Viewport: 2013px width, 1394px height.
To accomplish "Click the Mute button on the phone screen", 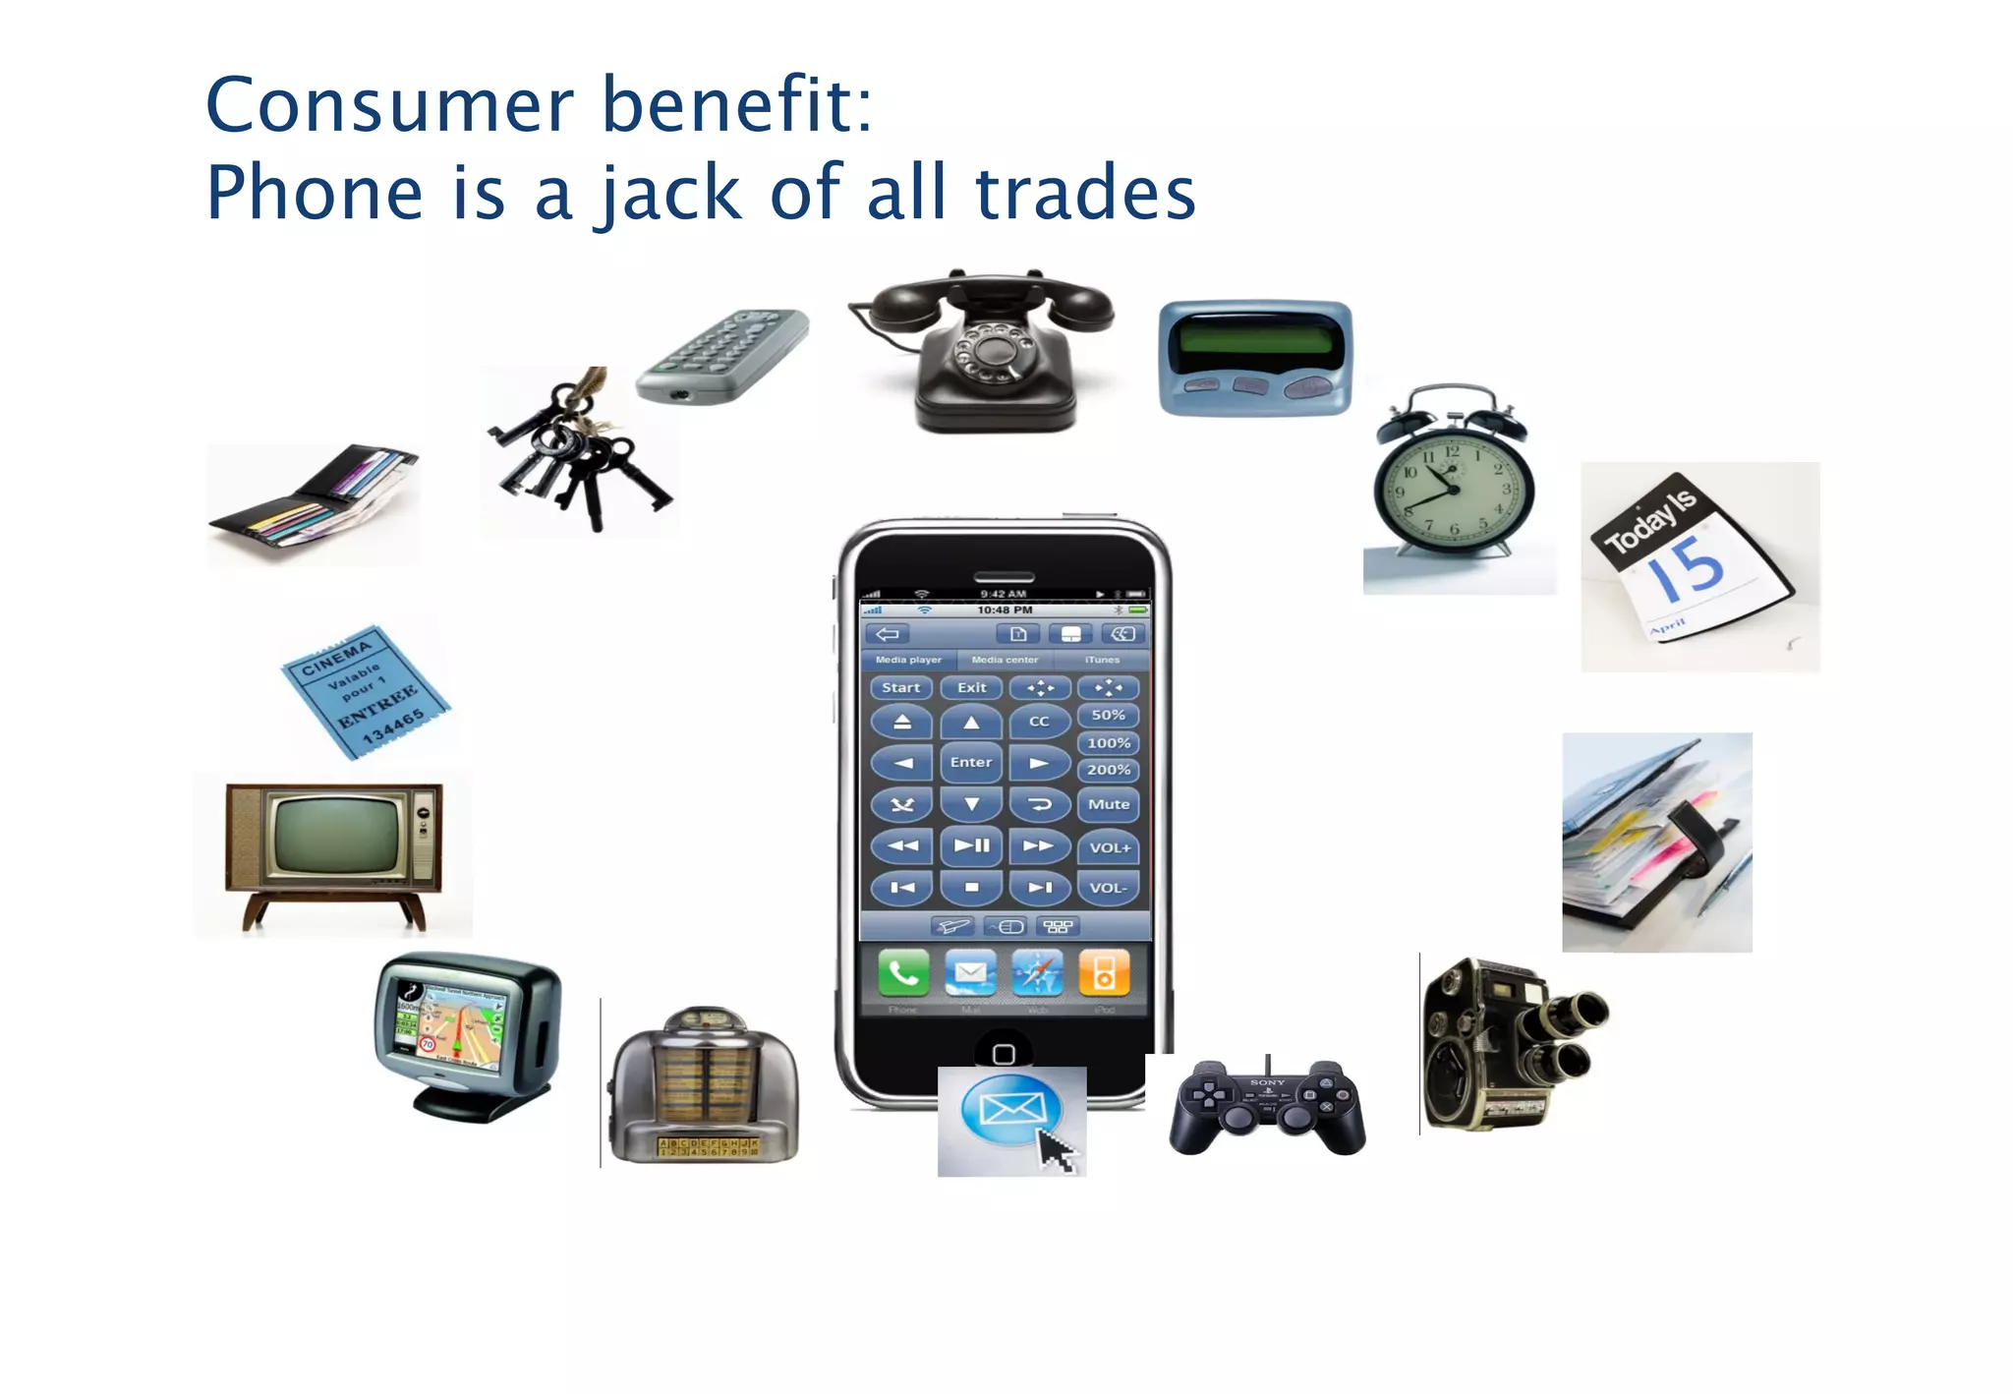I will click(1108, 804).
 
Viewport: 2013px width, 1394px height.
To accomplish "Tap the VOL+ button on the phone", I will click(1109, 847).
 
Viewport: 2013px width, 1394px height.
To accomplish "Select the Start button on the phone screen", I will click(900, 687).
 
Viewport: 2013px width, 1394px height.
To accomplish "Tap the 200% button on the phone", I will click(1108, 770).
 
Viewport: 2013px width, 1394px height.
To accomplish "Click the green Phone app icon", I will click(902, 973).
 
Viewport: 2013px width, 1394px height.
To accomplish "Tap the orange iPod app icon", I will click(1103, 973).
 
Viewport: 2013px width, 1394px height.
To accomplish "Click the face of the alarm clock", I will click(1453, 487).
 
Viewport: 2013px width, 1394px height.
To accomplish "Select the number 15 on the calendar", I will click(1688, 568).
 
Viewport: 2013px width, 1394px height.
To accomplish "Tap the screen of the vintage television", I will click(336, 834).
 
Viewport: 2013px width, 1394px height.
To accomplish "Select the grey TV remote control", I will click(723, 355).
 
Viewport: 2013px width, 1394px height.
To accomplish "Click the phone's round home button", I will click(1004, 1053).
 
